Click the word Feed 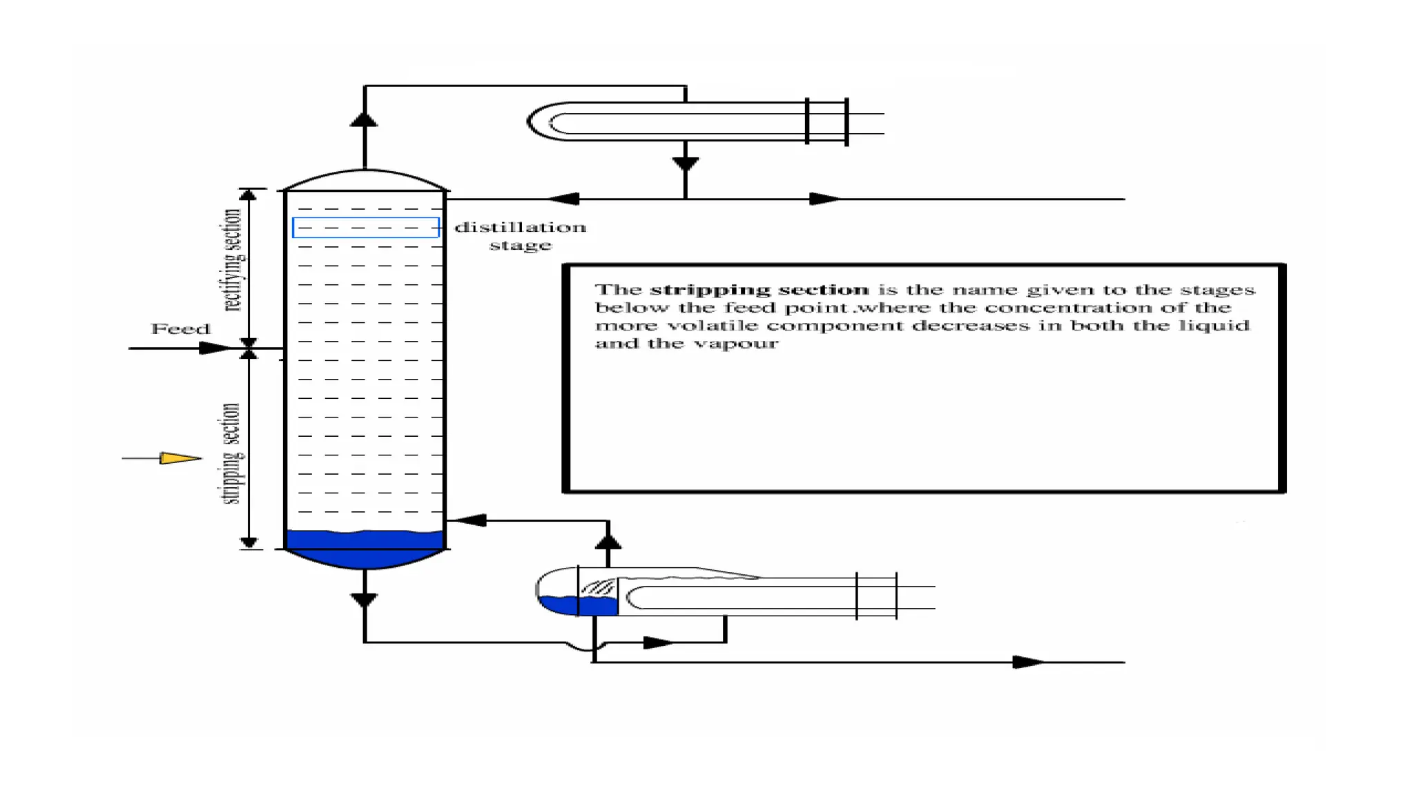[181, 329]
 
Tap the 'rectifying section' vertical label [233, 260]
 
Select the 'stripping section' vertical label [231, 453]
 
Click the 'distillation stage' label [521, 236]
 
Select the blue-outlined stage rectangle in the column [366, 228]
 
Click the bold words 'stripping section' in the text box [759, 290]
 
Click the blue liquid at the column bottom [365, 549]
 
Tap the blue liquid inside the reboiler [577, 606]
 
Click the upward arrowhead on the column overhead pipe [364, 120]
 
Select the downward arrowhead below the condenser [685, 164]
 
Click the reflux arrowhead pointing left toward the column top [565, 199]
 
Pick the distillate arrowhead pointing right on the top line [824, 199]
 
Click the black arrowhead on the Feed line [214, 349]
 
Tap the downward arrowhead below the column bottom [364, 600]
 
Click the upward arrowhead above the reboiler [608, 540]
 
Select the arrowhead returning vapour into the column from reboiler [471, 520]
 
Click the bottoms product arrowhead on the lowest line [1027, 662]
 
